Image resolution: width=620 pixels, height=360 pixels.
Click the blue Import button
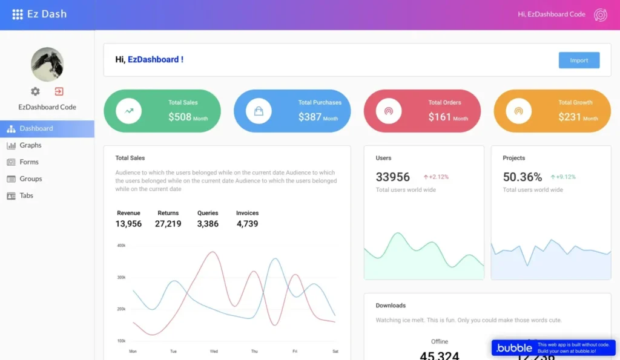(x=579, y=60)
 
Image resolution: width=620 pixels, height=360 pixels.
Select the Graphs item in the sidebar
(x=30, y=145)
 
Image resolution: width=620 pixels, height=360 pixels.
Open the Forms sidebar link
(x=28, y=162)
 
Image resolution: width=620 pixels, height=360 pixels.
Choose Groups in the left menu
(x=30, y=179)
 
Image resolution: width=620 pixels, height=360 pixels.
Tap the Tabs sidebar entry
(x=26, y=196)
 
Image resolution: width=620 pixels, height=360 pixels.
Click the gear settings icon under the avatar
(x=35, y=91)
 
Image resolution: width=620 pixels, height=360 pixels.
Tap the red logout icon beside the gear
(x=59, y=91)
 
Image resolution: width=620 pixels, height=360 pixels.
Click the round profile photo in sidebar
(x=47, y=64)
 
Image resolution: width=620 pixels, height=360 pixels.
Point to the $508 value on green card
(x=180, y=117)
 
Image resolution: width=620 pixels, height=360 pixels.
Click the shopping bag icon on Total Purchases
(x=259, y=111)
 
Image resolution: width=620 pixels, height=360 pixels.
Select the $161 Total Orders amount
(x=440, y=117)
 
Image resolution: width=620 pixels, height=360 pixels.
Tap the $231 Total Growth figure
(x=570, y=117)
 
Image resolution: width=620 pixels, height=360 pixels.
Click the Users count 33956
(x=393, y=177)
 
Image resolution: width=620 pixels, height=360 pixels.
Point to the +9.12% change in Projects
(x=566, y=177)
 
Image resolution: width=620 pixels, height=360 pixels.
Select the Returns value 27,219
(x=168, y=224)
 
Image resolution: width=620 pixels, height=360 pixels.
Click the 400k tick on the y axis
(x=121, y=246)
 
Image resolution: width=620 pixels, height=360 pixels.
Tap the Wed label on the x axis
(x=214, y=352)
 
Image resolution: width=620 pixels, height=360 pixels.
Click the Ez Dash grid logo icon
(x=18, y=14)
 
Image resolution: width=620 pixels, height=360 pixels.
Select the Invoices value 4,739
(x=247, y=224)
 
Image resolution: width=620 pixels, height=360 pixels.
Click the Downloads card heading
(x=391, y=306)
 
